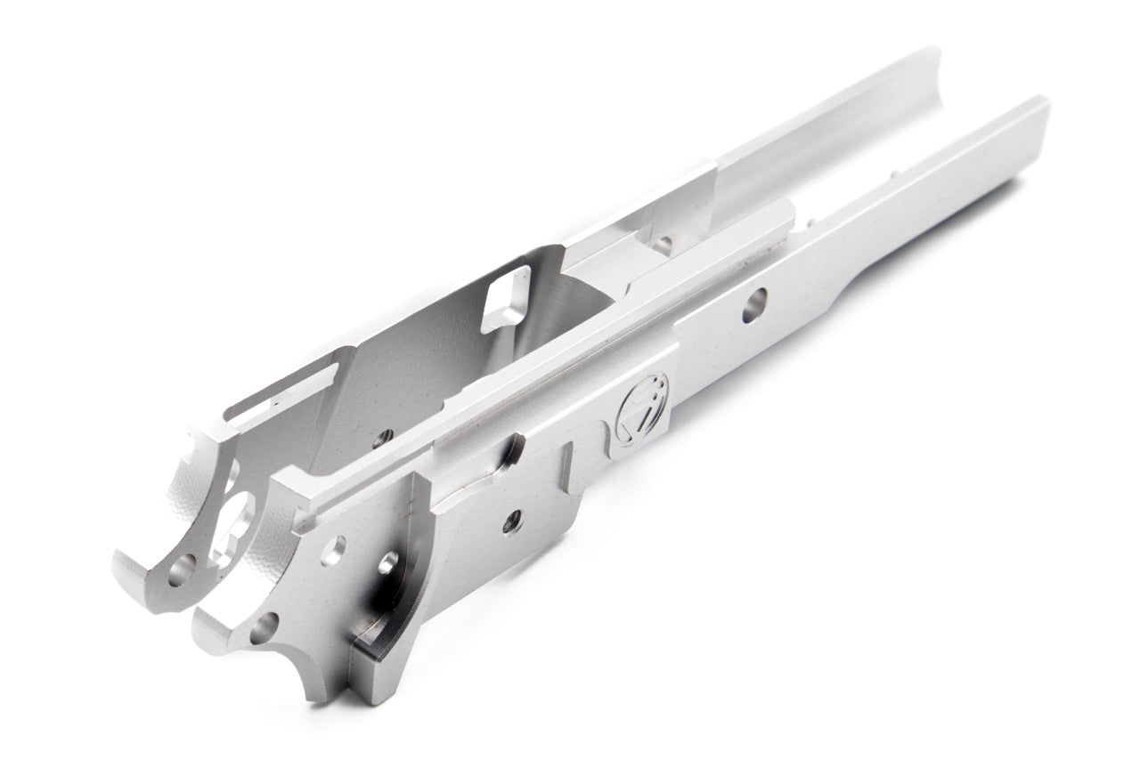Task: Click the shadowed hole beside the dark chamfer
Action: tap(388, 563)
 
